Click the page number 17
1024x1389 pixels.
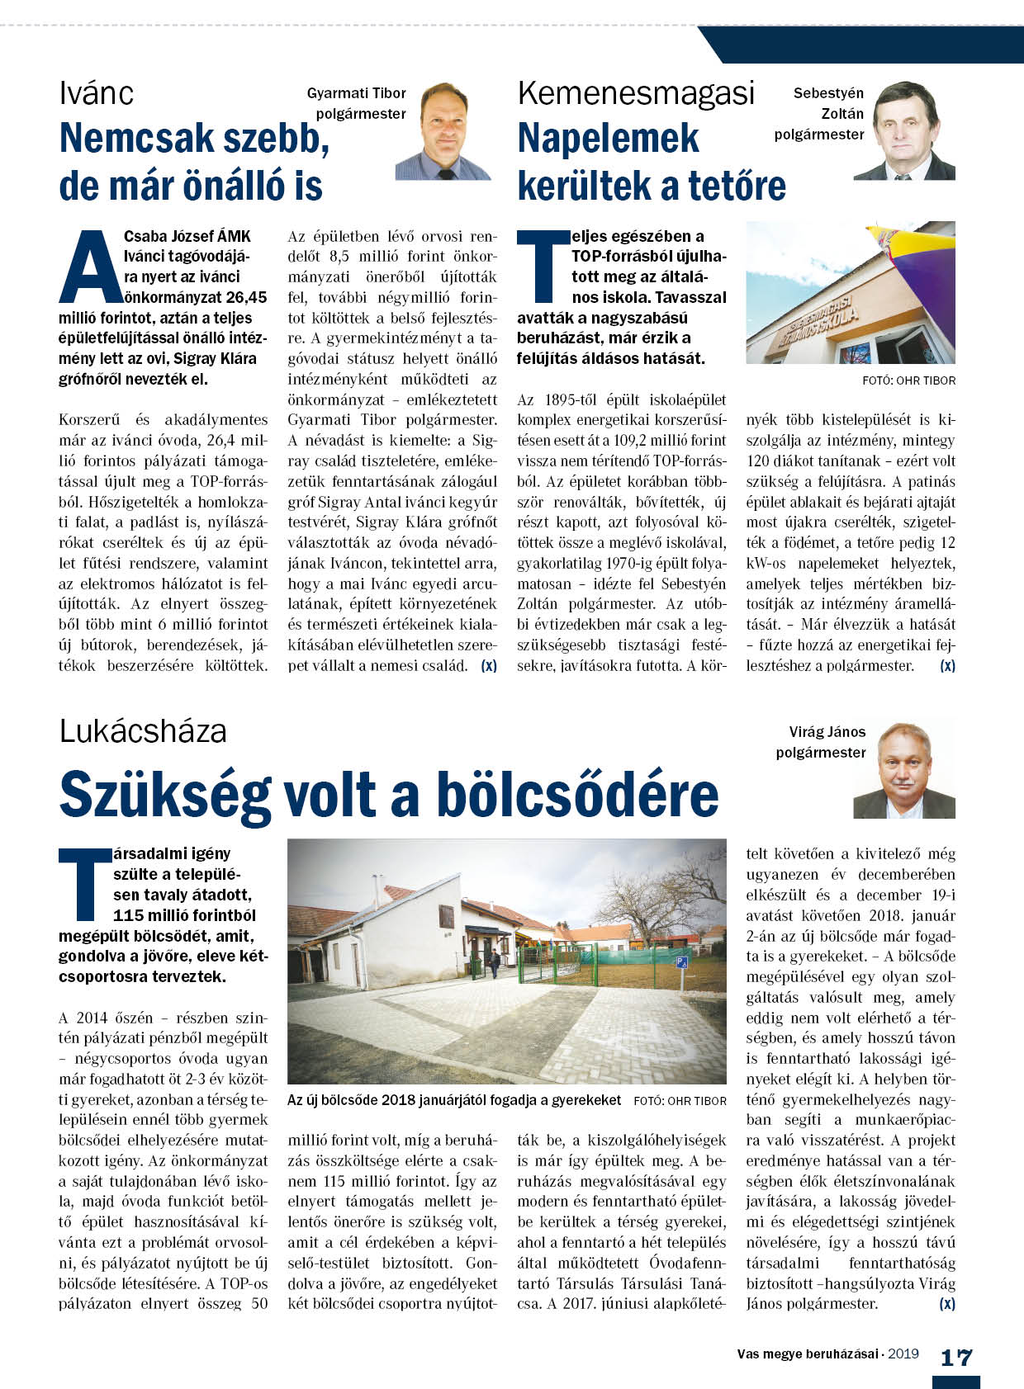coord(956,1358)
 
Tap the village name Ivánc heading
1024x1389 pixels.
coord(96,93)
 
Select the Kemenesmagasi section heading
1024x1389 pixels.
coord(636,93)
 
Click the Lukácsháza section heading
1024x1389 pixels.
coord(143,731)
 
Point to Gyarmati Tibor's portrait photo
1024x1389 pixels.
coord(443,131)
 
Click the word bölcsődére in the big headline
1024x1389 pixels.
coord(577,794)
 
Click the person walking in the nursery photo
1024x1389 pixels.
coord(495,962)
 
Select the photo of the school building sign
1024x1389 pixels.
coord(851,292)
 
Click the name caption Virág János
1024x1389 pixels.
coord(827,732)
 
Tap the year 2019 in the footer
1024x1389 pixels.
coord(903,1354)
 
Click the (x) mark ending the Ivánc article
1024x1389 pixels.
coord(489,666)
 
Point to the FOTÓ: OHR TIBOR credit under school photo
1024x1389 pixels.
coord(908,380)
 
